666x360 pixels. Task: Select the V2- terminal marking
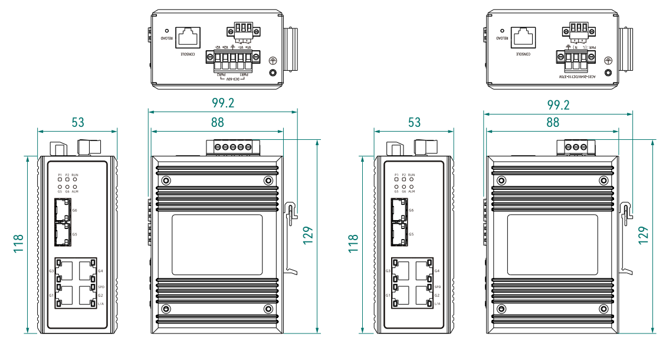click(218, 48)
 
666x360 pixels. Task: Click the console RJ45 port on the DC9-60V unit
click(188, 37)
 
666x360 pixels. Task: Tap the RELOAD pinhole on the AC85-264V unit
click(502, 30)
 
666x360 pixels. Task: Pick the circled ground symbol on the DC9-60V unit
click(272, 60)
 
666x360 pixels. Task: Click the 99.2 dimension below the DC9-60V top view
click(223, 103)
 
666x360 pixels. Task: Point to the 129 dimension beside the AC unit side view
click(644, 234)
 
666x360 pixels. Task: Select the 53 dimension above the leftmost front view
click(78, 122)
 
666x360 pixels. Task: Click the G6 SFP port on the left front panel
click(61, 209)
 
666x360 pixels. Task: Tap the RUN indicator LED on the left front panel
click(75, 180)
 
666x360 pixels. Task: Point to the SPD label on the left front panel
click(101, 287)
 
